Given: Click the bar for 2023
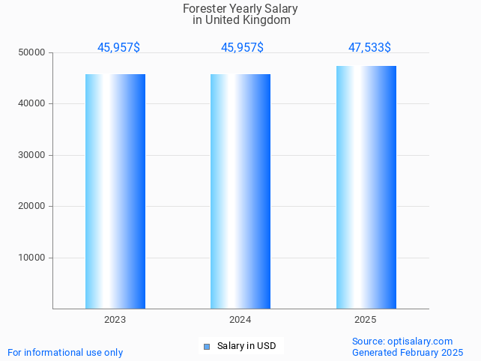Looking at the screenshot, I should (x=115, y=191).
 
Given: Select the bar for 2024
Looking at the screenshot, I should (x=240, y=191).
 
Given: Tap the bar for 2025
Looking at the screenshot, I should (x=366, y=187).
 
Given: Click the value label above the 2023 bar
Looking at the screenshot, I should (x=118, y=47).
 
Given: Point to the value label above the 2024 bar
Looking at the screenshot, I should (x=242, y=47).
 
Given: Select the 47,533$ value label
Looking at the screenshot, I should (x=369, y=47).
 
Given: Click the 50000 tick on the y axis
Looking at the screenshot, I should (x=32, y=52).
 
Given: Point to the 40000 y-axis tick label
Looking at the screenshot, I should (x=32, y=104).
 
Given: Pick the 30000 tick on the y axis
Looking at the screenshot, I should (x=32, y=155).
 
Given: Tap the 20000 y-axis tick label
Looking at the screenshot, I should (x=32, y=206).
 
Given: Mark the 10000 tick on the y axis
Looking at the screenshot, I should (x=32, y=258).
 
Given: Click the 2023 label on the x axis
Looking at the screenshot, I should (x=115, y=320).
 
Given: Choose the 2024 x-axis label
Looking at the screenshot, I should (x=240, y=320).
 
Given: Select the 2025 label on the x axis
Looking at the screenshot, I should (x=365, y=320).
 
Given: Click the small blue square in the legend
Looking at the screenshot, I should (x=207, y=346).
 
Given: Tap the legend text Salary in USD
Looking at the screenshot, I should (x=246, y=346).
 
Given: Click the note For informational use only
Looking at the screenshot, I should (x=65, y=352).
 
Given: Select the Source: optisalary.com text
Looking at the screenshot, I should (x=402, y=341).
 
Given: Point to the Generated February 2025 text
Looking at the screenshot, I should (x=408, y=352).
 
